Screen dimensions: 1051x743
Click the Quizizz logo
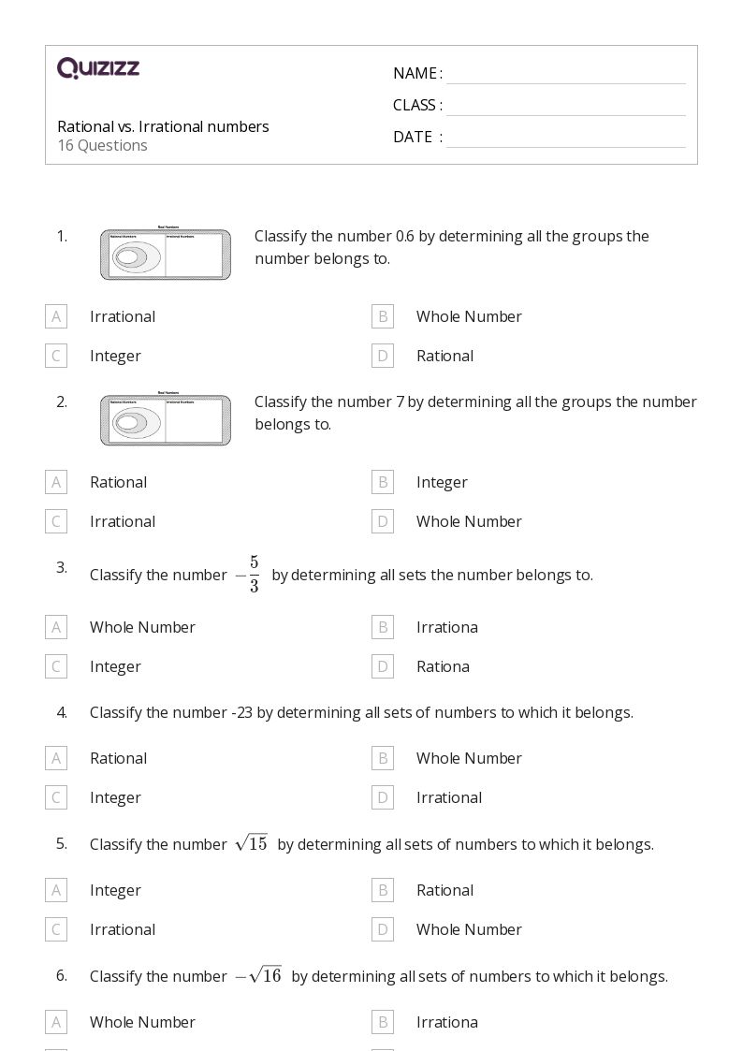[98, 67]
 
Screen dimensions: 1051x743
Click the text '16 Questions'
[102, 145]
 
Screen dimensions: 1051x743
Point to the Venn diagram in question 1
[166, 255]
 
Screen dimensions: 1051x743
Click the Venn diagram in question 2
[166, 420]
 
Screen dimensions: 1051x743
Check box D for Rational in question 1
[382, 356]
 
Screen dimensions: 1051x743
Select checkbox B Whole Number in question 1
[382, 316]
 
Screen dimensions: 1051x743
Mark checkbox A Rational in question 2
[56, 482]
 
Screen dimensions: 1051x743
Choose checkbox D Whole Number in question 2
[382, 521]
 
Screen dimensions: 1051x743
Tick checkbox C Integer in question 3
[56, 666]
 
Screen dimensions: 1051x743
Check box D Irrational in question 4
[382, 797]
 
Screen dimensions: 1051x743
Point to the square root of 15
[252, 843]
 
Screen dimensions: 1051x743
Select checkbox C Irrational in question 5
[56, 929]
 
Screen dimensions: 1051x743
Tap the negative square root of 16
[259, 975]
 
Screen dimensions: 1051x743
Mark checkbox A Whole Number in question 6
[56, 1022]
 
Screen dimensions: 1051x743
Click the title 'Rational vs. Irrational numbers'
[163, 126]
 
